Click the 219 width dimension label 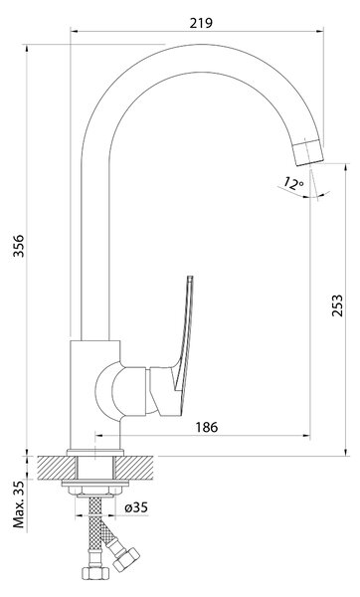[201, 23]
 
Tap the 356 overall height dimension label [19, 246]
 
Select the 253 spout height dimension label [337, 305]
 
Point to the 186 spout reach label [207, 427]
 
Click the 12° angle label [293, 183]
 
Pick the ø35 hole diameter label [136, 507]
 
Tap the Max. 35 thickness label [19, 503]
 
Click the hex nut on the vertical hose [95, 573]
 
